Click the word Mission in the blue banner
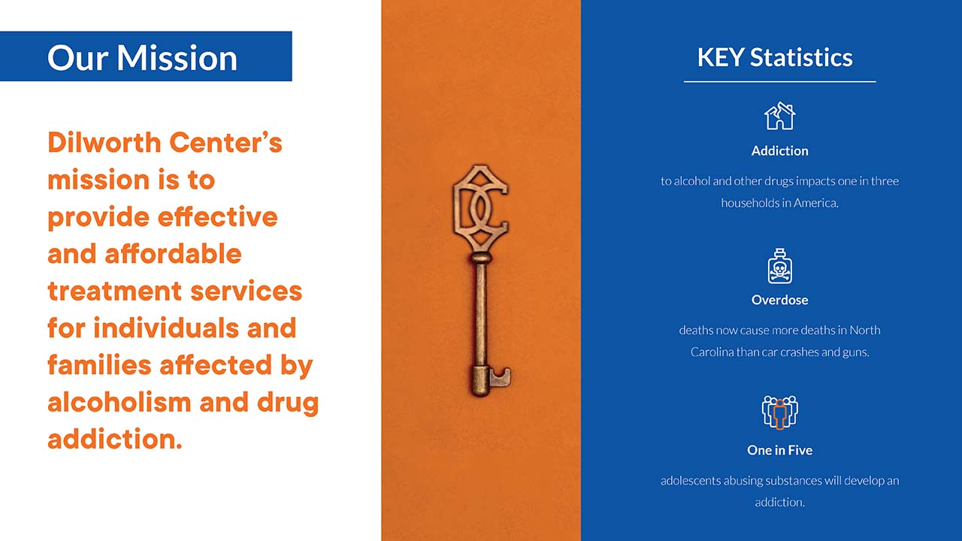[177, 58]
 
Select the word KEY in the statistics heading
[721, 57]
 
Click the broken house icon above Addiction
[779, 116]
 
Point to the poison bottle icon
[779, 266]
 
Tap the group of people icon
[779, 413]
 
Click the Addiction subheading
[779, 151]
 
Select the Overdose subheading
[779, 300]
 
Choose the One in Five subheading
[779, 450]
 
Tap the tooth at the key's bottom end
[501, 376]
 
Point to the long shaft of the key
[481, 313]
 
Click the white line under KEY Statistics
[779, 81]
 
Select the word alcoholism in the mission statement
[119, 402]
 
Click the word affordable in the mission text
[173, 254]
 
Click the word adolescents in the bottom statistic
[690, 480]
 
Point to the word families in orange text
[99, 365]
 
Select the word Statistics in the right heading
[801, 57]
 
